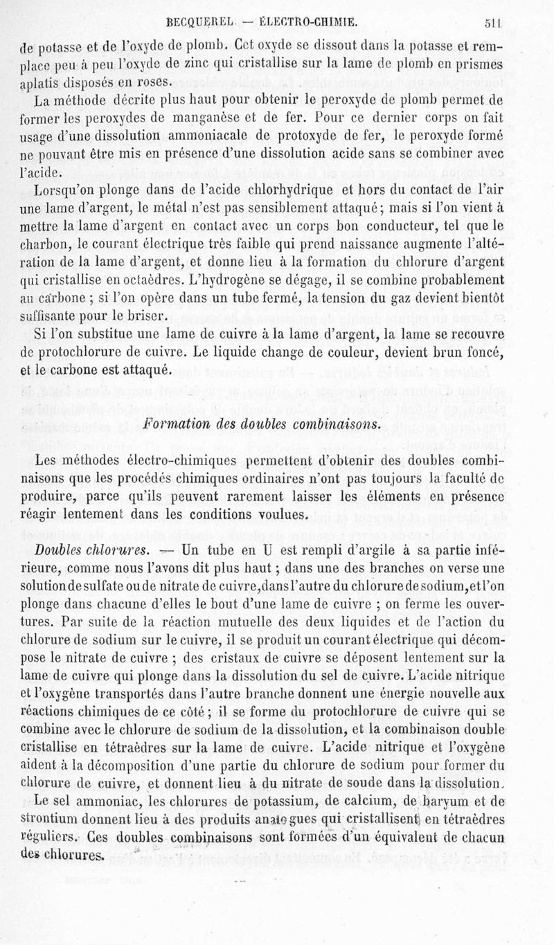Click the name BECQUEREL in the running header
(x=196, y=20)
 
